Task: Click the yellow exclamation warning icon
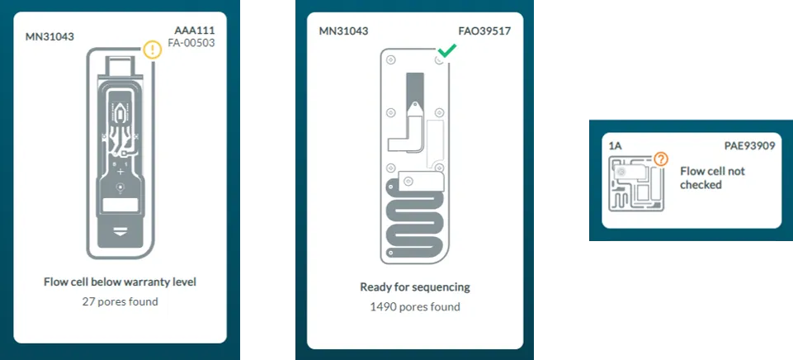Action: pyautogui.click(x=153, y=50)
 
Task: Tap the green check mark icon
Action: pyautogui.click(x=446, y=51)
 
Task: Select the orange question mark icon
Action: pyautogui.click(x=660, y=159)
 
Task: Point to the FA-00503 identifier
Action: pyautogui.click(x=191, y=43)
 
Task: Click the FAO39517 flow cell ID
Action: pyautogui.click(x=484, y=31)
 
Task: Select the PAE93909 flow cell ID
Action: pyautogui.click(x=749, y=146)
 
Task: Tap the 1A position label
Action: pyautogui.click(x=616, y=146)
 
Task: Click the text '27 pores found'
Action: pyautogui.click(x=120, y=301)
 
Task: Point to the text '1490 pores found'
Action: pyautogui.click(x=415, y=307)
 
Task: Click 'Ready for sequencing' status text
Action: pyautogui.click(x=415, y=287)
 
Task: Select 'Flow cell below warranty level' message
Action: pyautogui.click(x=120, y=282)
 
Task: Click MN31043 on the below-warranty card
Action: pyautogui.click(x=50, y=36)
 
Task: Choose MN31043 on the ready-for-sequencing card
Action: pyautogui.click(x=343, y=31)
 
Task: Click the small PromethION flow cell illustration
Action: pyautogui.click(x=635, y=184)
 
